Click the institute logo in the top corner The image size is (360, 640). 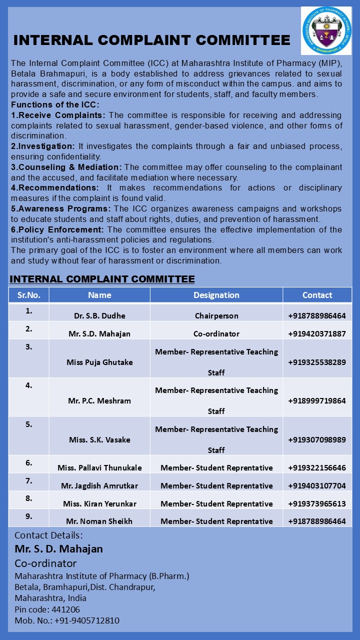pos(326,30)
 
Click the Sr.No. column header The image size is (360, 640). pos(28,295)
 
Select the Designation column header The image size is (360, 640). pos(216,295)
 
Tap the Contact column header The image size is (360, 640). pos(317,295)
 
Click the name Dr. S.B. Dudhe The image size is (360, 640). pos(99,316)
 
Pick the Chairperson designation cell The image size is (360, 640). pos(216,316)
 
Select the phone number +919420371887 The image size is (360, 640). pos(317,334)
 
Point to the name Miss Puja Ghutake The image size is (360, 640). pos(99,362)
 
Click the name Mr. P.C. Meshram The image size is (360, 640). pos(99,400)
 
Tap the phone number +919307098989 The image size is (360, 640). pos(317,440)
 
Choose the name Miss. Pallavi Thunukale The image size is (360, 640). pos(99,468)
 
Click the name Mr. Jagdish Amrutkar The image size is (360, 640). pos(99,486)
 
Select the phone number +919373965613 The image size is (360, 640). pos(317,504)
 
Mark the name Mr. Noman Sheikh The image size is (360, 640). pos(99,521)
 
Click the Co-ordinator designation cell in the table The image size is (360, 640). pos(216,334)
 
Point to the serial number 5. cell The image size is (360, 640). pos(29,424)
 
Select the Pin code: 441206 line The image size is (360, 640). pos(47,609)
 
